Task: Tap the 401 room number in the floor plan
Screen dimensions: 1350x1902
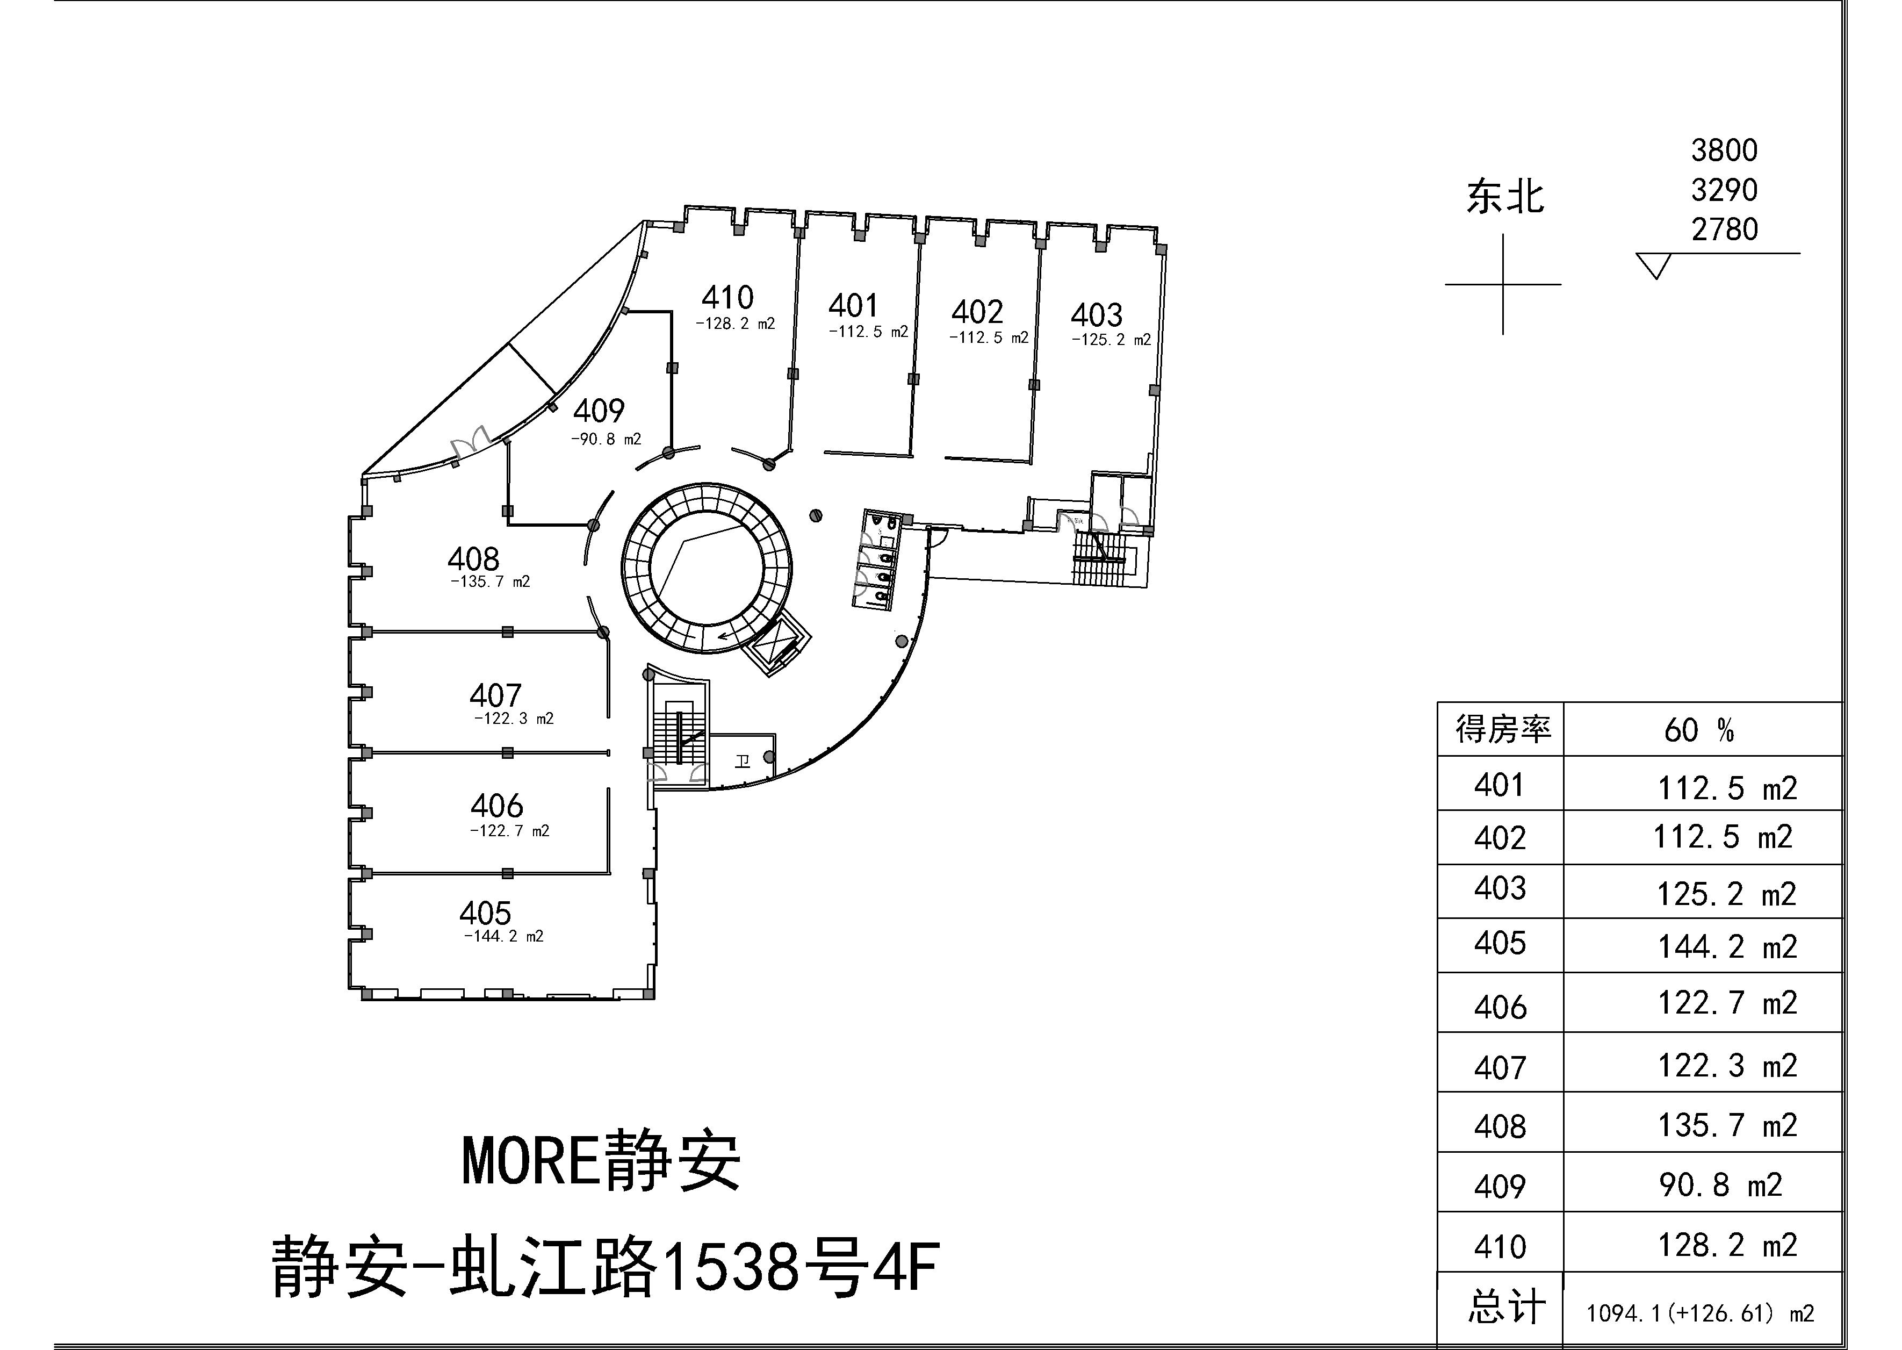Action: tap(853, 306)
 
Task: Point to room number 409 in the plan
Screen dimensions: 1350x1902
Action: tap(598, 411)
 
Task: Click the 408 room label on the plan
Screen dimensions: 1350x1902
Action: tap(473, 558)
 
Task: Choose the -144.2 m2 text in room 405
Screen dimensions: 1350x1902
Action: tap(503, 936)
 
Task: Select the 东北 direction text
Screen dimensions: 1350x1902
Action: tap(1505, 198)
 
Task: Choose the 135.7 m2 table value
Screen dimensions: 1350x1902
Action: tap(1727, 1125)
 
